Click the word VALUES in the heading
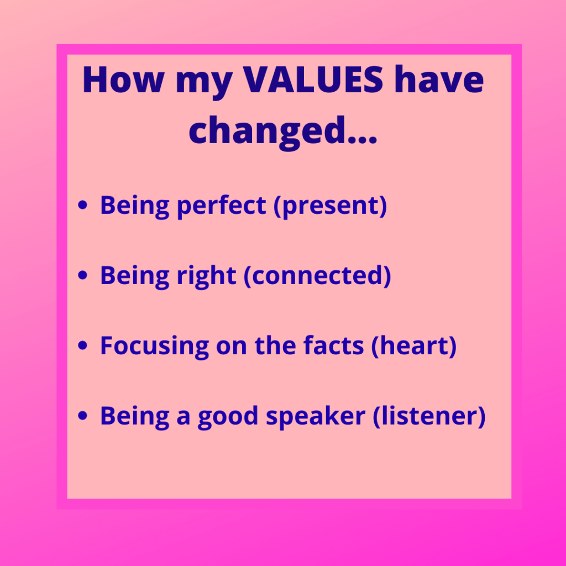313,80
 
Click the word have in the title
439,80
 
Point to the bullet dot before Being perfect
83,205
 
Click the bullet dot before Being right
83,275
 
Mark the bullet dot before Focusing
83,345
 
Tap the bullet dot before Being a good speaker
83,416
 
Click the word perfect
222,206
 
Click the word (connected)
318,276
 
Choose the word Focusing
155,347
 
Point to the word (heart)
414,347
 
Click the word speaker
316,417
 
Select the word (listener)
429,417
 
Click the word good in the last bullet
228,417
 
